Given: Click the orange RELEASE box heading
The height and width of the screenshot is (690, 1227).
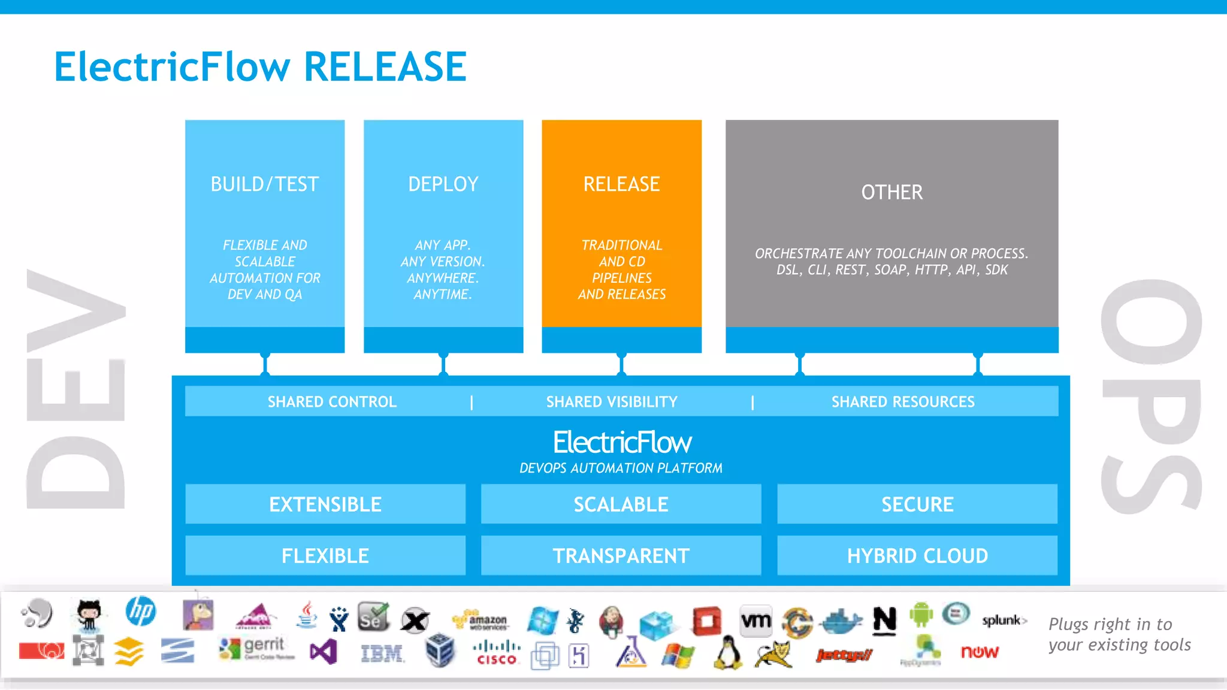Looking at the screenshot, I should pyautogui.click(x=621, y=184).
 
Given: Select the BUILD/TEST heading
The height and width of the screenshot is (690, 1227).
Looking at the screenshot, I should pyautogui.click(x=264, y=184).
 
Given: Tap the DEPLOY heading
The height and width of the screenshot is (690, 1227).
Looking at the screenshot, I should pyautogui.click(x=443, y=184).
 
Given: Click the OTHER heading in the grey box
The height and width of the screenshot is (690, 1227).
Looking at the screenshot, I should pyautogui.click(x=891, y=192).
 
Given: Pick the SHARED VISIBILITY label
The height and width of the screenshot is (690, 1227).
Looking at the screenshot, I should pyautogui.click(x=612, y=402).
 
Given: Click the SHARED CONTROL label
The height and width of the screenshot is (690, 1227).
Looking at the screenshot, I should pyautogui.click(x=332, y=402).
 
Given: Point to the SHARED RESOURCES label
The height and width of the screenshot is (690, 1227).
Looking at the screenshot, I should pyautogui.click(x=903, y=402).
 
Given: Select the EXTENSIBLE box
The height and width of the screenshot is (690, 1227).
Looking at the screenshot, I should pyautogui.click(x=325, y=504).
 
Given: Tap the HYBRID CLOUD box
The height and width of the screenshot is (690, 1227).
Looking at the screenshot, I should pyautogui.click(x=917, y=556).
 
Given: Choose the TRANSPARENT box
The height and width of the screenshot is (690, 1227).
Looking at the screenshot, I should pyautogui.click(x=621, y=556).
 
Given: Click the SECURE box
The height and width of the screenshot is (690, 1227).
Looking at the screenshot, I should pyautogui.click(x=917, y=504).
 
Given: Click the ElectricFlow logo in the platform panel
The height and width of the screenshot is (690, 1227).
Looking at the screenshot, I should pyautogui.click(x=622, y=443).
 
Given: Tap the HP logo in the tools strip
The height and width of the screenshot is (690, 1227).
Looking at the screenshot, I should pyautogui.click(x=141, y=612).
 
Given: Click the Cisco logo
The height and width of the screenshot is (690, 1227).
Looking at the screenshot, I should pyautogui.click(x=497, y=653).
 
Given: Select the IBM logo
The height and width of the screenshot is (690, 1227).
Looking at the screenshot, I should pyautogui.click(x=382, y=653).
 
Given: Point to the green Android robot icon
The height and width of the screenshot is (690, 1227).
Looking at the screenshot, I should pyautogui.click(x=921, y=615).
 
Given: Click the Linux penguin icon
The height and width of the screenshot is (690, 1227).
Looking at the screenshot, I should pyautogui.click(x=727, y=653).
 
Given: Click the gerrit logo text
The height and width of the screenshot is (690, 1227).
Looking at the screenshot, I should pyautogui.click(x=264, y=645).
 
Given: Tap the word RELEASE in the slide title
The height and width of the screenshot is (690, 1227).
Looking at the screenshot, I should pyautogui.click(x=385, y=66).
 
